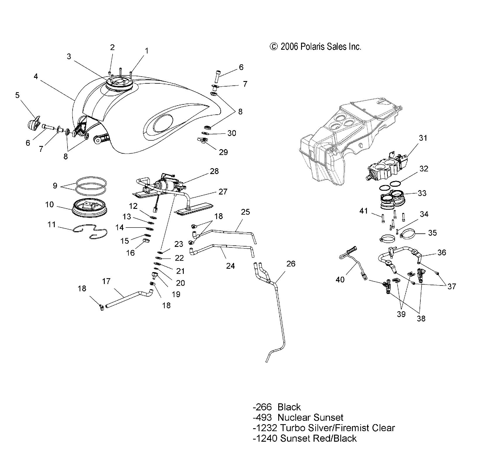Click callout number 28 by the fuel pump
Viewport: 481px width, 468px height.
click(214, 171)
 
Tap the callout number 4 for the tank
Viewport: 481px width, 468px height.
click(36, 77)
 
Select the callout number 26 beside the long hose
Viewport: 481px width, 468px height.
click(291, 264)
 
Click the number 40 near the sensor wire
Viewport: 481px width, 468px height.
click(340, 280)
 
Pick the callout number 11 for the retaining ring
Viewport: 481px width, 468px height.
click(51, 225)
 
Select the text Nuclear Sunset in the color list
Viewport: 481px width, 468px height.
click(310, 417)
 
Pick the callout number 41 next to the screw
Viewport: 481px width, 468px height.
click(364, 211)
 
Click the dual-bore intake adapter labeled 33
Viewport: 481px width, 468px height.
click(392, 199)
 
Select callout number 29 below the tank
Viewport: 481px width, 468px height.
click(223, 152)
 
